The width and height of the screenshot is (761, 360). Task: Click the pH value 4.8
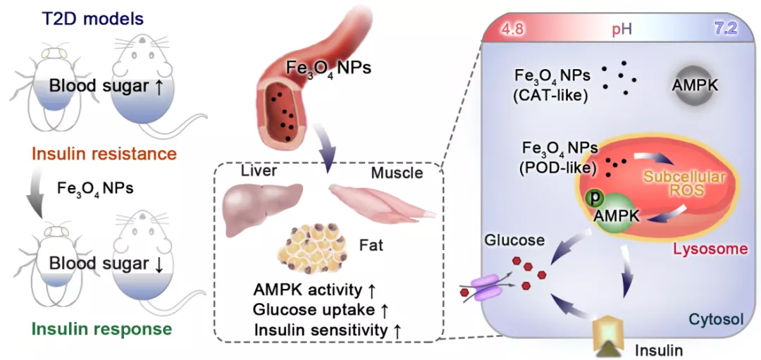pyautogui.click(x=511, y=30)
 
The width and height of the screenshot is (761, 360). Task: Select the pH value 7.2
pyautogui.click(x=733, y=30)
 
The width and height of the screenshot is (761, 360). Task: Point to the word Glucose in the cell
pyautogui.click(x=514, y=240)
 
